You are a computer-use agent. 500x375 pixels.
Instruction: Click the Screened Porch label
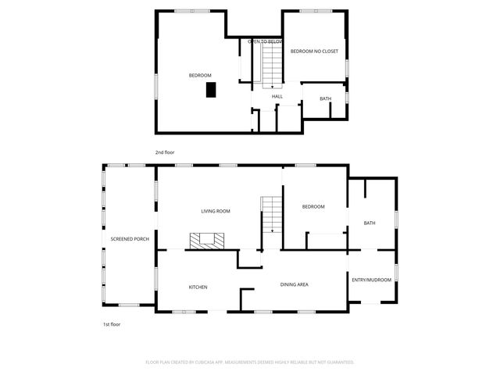(x=130, y=239)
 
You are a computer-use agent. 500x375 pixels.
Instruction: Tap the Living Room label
(x=216, y=211)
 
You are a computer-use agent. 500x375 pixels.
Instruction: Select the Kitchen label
(x=198, y=287)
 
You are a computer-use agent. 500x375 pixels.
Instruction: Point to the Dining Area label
(x=294, y=284)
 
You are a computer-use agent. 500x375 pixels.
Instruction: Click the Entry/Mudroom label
(x=371, y=280)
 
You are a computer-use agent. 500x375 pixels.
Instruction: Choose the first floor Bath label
(x=370, y=223)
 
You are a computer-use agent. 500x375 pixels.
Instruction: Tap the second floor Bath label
(x=325, y=98)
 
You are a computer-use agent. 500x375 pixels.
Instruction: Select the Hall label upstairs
(x=277, y=97)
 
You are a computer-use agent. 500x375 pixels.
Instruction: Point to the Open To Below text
(x=265, y=41)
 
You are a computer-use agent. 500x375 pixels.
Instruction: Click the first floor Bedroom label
(x=313, y=206)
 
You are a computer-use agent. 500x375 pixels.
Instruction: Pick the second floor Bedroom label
(x=200, y=75)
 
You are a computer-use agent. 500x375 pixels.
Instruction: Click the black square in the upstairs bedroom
(x=211, y=90)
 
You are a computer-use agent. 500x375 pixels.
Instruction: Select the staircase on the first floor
(x=271, y=215)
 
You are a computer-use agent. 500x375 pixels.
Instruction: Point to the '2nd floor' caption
(x=165, y=152)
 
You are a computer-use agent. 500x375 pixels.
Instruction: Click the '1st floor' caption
(x=112, y=323)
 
